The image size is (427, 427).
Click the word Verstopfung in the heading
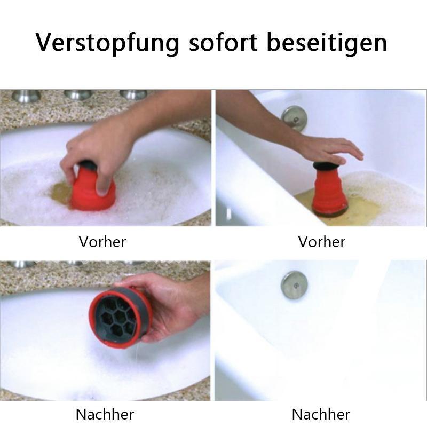pyautogui.click(x=108, y=43)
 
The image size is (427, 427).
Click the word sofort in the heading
pyautogui.click(x=223, y=42)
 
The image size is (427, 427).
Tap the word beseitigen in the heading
pyautogui.click(x=327, y=43)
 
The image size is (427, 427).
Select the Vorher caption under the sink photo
pyautogui.click(x=102, y=242)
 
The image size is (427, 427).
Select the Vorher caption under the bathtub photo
pyautogui.click(x=322, y=242)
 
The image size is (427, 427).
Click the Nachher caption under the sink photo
pyautogui.click(x=105, y=415)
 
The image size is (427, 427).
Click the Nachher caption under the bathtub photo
pyautogui.click(x=321, y=415)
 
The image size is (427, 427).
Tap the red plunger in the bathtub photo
pyautogui.click(x=330, y=189)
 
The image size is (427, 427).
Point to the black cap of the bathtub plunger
pyautogui.click(x=328, y=165)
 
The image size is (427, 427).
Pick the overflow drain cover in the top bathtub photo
pyautogui.click(x=295, y=119)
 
